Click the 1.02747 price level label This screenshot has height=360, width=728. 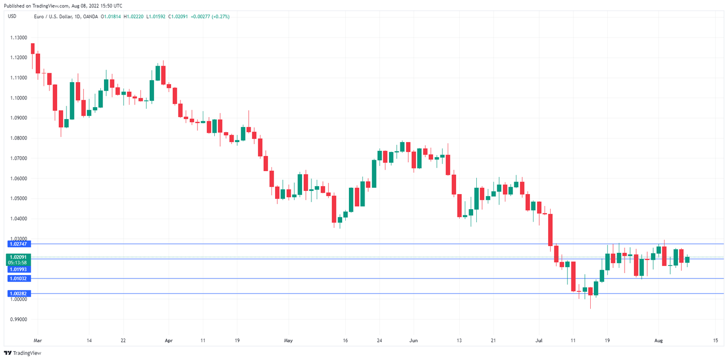[x=19, y=244]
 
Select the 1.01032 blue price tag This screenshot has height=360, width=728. [x=19, y=279]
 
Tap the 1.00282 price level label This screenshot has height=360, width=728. [x=19, y=294]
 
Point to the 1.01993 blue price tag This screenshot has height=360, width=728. [x=19, y=269]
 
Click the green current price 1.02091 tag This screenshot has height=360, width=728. [x=19, y=257]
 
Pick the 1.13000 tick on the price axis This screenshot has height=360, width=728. [x=19, y=37]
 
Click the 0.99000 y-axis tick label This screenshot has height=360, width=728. [x=19, y=319]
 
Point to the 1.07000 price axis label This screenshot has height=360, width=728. [x=19, y=158]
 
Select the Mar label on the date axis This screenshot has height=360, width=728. [x=37, y=341]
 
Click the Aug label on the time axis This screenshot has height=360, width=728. [x=659, y=341]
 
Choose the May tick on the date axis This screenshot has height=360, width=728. [x=289, y=341]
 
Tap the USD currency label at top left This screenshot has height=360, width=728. [x=12, y=17]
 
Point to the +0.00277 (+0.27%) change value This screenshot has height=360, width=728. [x=210, y=17]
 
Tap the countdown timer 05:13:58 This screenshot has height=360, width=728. [x=19, y=263]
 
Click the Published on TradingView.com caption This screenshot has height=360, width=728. [x=62, y=6]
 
